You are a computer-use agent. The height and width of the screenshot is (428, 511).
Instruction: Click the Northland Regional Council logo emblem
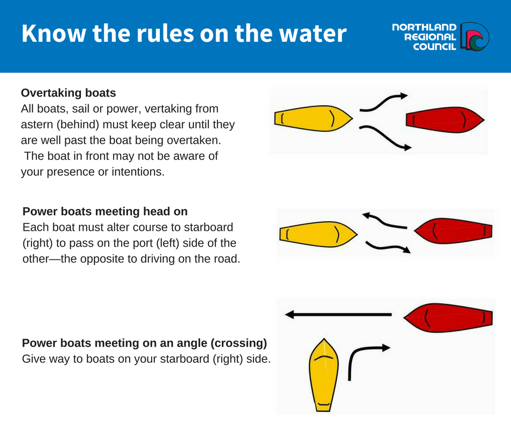tap(475, 36)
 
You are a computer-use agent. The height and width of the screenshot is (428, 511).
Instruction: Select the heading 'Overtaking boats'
tap(68, 93)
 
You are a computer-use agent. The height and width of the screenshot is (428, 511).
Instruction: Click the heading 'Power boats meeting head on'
tap(105, 211)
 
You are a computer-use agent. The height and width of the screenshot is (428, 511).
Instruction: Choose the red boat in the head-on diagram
tap(453, 231)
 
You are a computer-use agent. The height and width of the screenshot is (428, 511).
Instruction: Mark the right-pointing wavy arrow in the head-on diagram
tap(387, 247)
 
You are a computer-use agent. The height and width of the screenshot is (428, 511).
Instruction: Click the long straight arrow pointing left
tap(338, 314)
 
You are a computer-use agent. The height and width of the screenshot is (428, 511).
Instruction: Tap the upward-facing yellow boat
tap(324, 375)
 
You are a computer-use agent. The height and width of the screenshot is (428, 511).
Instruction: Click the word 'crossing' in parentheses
tap(239, 343)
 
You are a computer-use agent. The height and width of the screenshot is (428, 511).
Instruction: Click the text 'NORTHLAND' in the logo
tap(424, 27)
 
